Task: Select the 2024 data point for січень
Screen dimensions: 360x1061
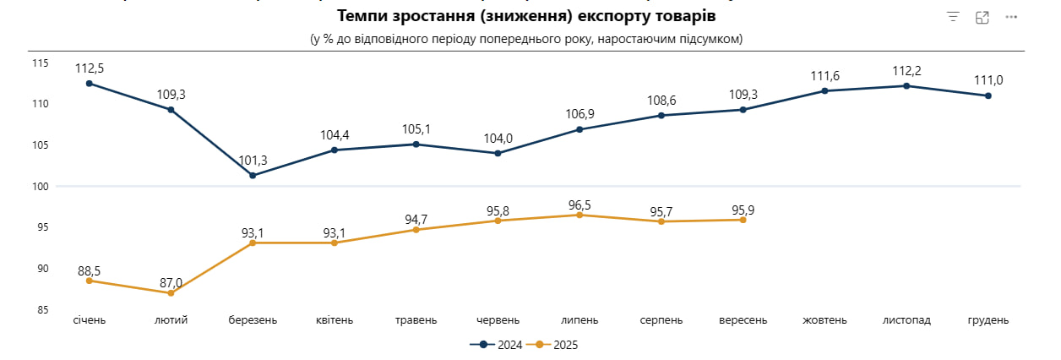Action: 89,84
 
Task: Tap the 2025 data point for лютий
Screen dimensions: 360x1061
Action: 171,292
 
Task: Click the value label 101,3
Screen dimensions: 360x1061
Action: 253,159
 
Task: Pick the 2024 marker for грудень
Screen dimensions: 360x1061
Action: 988,95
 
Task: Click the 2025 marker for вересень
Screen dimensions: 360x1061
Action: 743,220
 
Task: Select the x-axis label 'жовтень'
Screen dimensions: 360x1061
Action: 824,321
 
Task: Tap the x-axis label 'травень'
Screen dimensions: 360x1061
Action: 416,321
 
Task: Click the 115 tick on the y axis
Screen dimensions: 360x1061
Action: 41,63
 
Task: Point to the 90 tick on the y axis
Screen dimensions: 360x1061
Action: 41,269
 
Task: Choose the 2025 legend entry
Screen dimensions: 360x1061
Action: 559,345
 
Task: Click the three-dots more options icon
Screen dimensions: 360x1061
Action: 1011,17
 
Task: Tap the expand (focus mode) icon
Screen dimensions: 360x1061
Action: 982,17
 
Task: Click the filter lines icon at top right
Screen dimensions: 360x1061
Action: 953,17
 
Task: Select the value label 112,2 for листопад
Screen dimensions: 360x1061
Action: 906,69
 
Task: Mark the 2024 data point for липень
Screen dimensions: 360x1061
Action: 579,129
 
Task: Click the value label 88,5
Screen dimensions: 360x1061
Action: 89,271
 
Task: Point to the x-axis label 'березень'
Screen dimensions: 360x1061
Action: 253,321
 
